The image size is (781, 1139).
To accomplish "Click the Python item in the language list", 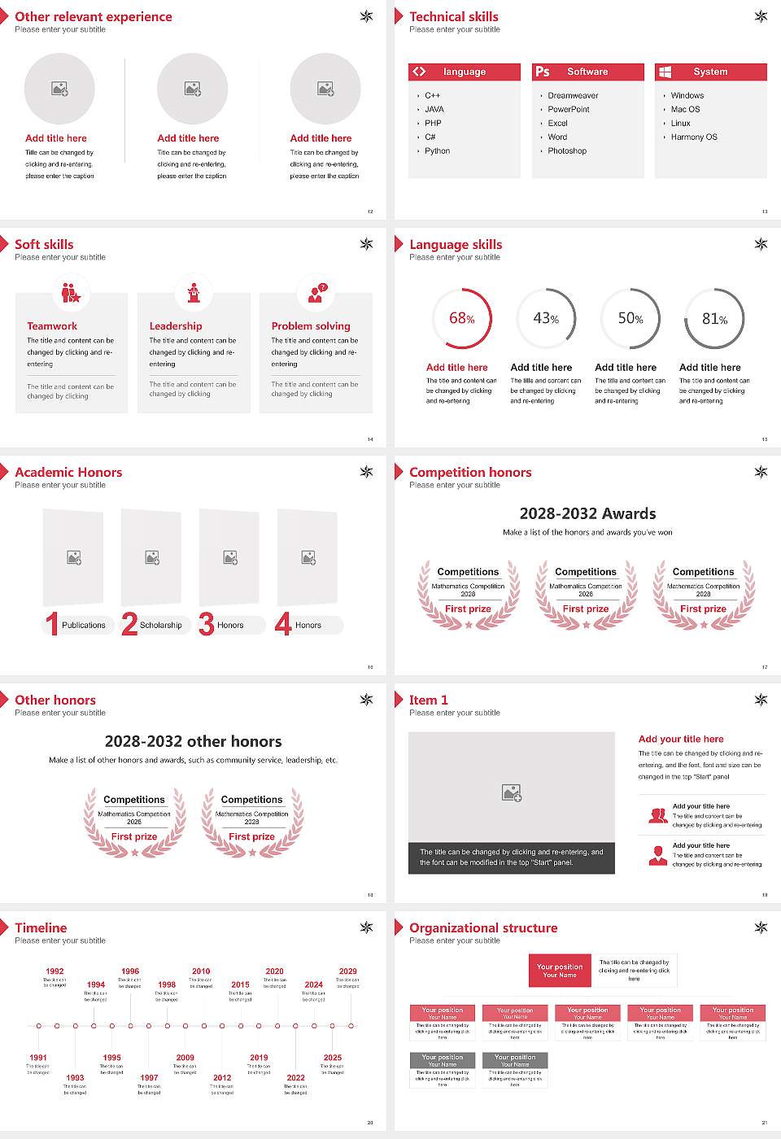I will (437, 151).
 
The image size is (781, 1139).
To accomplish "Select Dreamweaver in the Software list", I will (573, 96).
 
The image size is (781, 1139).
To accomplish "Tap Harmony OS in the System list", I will (694, 137).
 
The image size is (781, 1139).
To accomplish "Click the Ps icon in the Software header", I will (543, 72).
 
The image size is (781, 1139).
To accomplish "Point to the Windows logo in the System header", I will (665, 72).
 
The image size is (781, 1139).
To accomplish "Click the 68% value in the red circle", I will (461, 318).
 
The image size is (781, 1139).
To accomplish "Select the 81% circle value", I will (714, 319).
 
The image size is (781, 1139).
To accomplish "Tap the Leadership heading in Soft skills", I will (176, 326).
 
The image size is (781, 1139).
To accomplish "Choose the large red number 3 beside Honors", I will (207, 624).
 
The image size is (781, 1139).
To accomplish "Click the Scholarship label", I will (160, 626).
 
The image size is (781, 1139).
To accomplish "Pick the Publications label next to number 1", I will (84, 626).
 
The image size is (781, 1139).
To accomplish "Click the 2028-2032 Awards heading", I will (587, 513).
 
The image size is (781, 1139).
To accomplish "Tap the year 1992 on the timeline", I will (55, 971).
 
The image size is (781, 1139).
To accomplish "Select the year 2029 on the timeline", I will (347, 971).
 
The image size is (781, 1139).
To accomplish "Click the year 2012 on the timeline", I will (222, 1077).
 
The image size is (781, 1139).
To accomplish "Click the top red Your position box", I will (560, 971).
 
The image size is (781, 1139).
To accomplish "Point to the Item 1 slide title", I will (428, 700).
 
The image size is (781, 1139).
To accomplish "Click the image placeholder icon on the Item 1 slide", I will (512, 792).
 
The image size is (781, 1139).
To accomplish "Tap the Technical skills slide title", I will (454, 16).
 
